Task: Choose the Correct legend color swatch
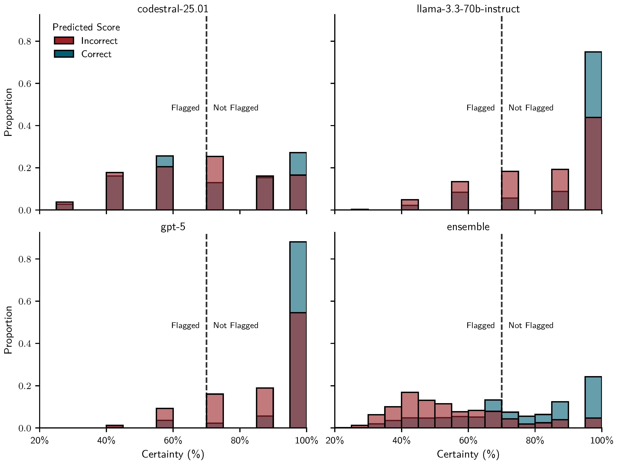pos(64,54)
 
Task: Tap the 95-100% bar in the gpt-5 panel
pos(298,335)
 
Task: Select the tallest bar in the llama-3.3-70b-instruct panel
pos(593,131)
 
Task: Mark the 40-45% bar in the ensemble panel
pos(410,410)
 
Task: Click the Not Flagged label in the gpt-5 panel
pos(236,325)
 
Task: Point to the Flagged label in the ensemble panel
pos(480,325)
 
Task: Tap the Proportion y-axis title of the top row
pos(8,112)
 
